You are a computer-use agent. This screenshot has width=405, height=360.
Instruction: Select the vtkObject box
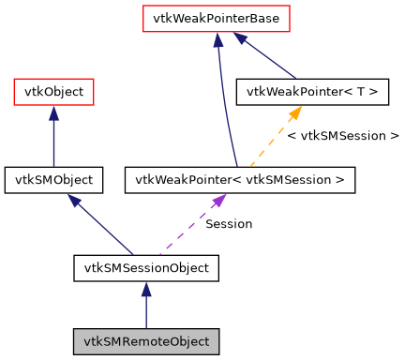pos(53,92)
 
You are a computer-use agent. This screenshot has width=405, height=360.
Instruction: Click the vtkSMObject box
pos(53,179)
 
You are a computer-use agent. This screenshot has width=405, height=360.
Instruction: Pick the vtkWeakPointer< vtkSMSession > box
pos(240,179)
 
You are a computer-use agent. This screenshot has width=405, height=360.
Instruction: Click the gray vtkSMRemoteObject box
pos(145,340)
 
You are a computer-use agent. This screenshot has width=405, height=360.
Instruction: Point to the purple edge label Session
pos(228,224)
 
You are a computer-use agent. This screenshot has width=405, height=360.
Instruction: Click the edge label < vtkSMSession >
pos(342,136)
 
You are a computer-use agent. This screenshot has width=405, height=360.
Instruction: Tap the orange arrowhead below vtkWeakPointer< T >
pos(293,113)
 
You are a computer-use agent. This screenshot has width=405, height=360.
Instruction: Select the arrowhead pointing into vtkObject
pos(53,113)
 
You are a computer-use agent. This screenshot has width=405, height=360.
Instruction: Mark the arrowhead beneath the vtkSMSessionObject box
pos(145,291)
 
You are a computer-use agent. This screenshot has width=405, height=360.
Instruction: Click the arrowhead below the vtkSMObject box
pos(74,200)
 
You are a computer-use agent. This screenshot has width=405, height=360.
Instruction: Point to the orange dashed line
pos(272,139)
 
